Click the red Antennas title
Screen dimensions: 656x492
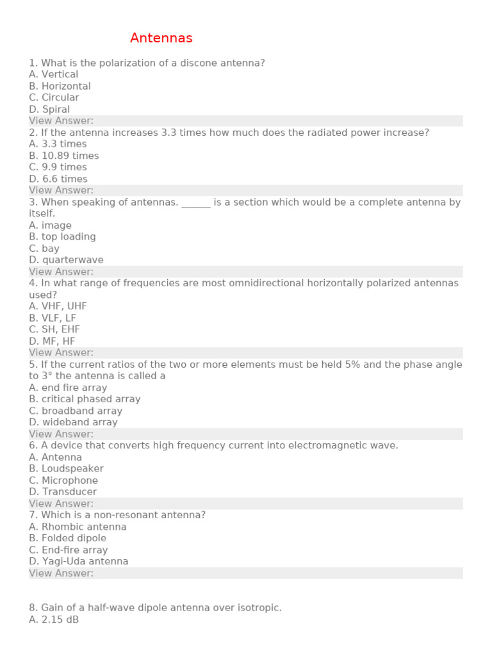coord(161,38)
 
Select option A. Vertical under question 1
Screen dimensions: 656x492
coord(54,74)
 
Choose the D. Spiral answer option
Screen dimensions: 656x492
coord(49,110)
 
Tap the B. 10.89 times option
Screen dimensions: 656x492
coord(64,156)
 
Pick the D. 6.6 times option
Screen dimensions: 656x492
coord(58,179)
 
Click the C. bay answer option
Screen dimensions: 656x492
coord(44,249)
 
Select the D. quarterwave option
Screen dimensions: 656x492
coord(66,260)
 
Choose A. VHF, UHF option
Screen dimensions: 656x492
coord(58,306)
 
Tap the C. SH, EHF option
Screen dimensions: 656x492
coord(54,329)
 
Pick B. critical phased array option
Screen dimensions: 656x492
coord(85,399)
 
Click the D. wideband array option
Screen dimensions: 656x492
coord(73,422)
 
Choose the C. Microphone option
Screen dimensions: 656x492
coord(63,480)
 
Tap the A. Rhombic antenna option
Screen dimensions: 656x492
coord(78,527)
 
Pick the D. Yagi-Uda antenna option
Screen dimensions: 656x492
coord(79,562)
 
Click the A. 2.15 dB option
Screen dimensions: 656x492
coord(54,620)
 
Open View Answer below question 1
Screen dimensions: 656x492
coord(61,121)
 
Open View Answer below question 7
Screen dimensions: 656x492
coord(61,573)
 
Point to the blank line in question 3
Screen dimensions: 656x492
coord(196,202)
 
